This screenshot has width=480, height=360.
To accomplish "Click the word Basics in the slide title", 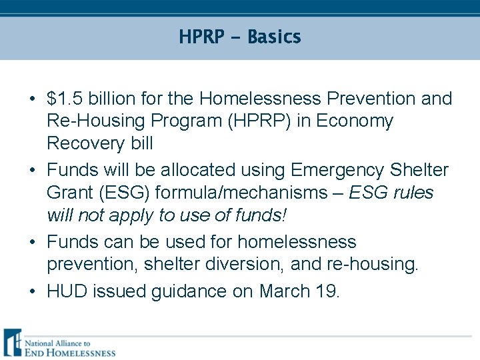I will click(x=274, y=37).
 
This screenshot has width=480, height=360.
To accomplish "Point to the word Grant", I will click(x=70, y=193).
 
